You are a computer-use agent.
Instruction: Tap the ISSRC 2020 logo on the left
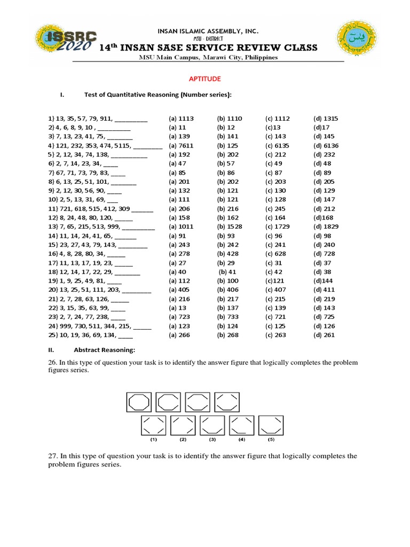coord(67,41)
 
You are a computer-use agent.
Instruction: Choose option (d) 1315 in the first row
coord(326,119)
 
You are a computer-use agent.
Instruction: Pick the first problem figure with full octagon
coord(139,402)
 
